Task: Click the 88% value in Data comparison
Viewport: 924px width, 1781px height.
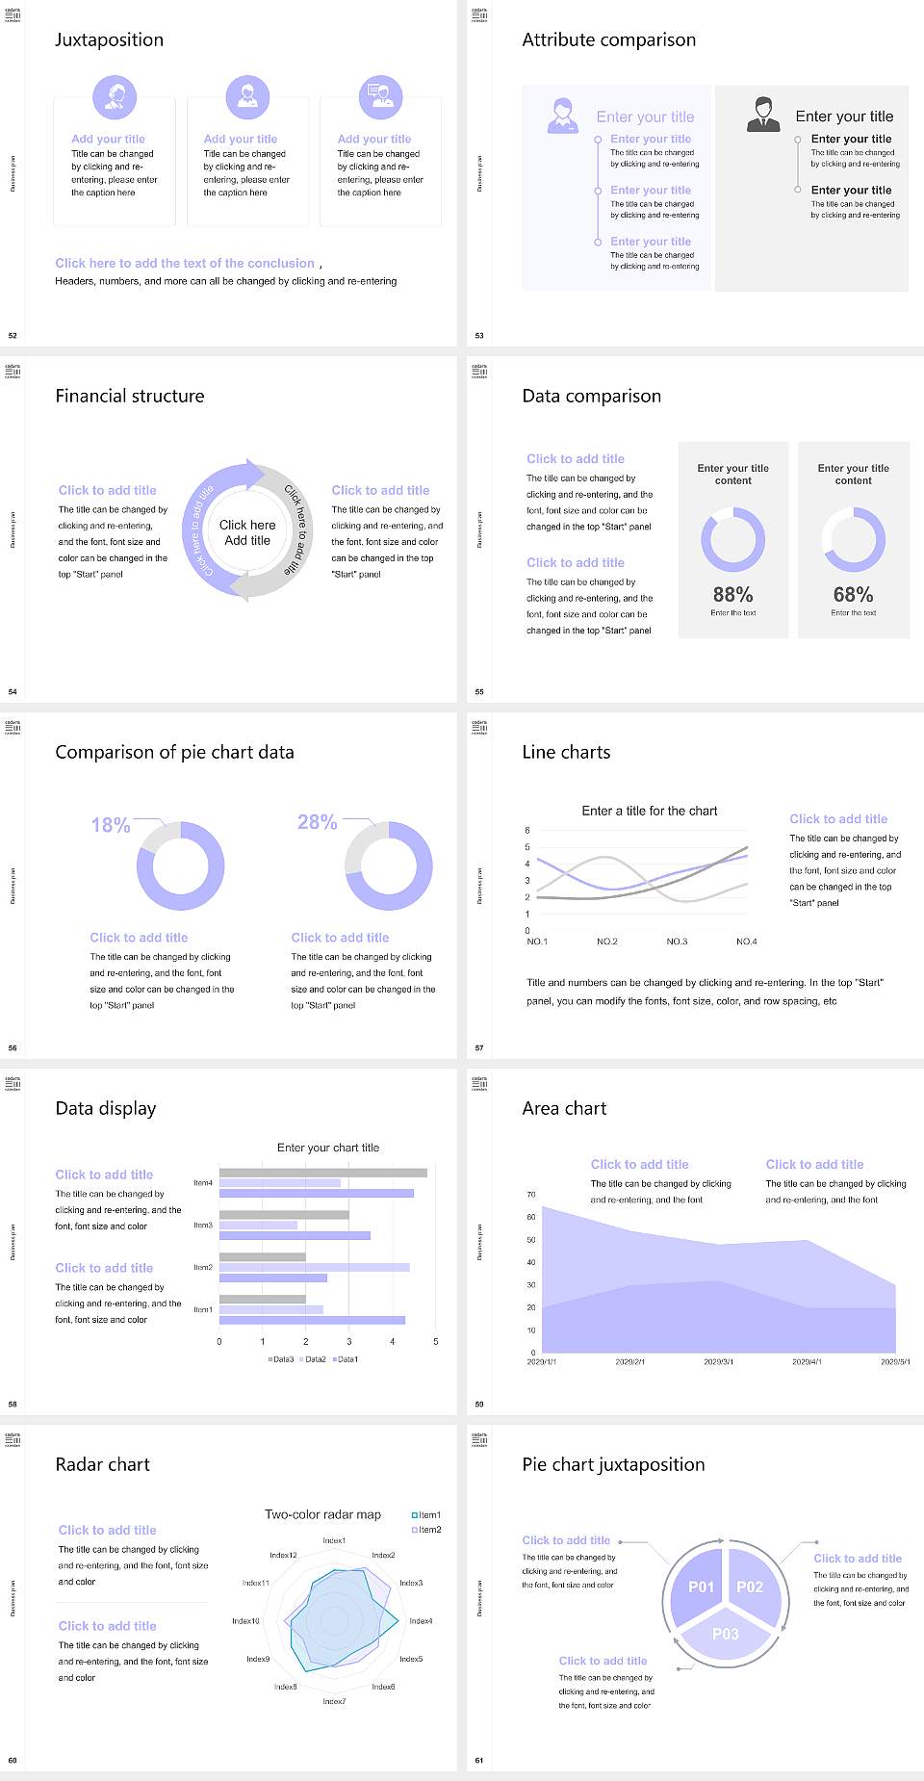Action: [732, 595]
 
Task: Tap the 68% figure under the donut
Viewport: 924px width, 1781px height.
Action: [853, 595]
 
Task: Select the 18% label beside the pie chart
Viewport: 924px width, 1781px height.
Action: [111, 825]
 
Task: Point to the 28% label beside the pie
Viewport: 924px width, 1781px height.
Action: [317, 822]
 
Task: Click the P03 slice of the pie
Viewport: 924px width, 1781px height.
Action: [726, 1634]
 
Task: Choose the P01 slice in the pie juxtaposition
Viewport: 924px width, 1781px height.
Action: [701, 1587]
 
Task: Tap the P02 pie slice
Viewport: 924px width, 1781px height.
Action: [750, 1587]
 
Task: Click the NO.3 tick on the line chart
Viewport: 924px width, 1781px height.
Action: [677, 942]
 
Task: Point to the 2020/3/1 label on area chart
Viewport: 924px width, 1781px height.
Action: [718, 1362]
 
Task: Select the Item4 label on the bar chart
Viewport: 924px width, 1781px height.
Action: [203, 1183]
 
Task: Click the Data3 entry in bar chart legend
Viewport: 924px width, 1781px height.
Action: [281, 1359]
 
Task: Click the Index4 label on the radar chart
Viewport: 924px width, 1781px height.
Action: [421, 1621]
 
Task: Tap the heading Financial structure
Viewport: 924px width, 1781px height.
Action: [130, 396]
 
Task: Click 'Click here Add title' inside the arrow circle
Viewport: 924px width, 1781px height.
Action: [247, 532]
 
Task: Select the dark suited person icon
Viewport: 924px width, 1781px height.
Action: [763, 115]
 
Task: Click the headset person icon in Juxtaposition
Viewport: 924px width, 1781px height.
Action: [115, 96]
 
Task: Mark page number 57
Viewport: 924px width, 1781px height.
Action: [479, 1047]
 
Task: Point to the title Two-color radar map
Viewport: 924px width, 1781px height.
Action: [322, 1514]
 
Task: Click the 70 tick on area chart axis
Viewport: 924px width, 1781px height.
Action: [531, 1195]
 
